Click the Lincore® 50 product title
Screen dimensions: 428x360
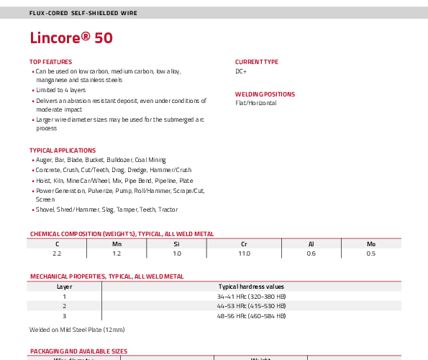[71, 37]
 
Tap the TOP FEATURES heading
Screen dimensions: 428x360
[51, 62]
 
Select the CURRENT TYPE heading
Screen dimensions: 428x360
[257, 62]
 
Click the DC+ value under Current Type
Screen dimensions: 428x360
[241, 71]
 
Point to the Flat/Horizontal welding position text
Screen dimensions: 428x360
[256, 103]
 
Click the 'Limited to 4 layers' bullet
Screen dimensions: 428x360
[61, 90]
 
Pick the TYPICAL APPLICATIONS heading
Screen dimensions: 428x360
[63, 150]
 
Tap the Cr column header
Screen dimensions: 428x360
[244, 244]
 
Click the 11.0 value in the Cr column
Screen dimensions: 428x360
[244, 253]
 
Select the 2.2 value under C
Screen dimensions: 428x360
[57, 253]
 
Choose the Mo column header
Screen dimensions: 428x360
[371, 244]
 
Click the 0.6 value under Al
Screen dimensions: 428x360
[311, 253]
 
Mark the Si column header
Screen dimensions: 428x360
[177, 244]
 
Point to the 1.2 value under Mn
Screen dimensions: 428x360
[117, 253]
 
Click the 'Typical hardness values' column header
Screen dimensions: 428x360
[251, 287]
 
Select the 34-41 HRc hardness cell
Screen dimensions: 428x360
[251, 297]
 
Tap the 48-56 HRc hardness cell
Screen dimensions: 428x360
[251, 316]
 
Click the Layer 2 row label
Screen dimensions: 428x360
[65, 306]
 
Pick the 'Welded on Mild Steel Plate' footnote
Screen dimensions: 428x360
[77, 330]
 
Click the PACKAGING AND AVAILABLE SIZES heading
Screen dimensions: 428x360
[79, 351]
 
